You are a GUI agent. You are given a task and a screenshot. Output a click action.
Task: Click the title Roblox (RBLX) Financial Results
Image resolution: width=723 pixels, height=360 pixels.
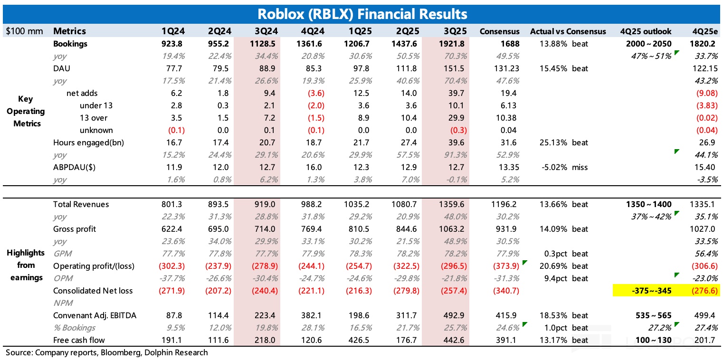(x=361, y=14)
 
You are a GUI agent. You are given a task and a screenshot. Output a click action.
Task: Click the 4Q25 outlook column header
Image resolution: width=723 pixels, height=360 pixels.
(x=646, y=31)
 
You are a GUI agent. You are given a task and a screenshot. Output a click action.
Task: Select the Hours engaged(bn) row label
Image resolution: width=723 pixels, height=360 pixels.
(x=88, y=142)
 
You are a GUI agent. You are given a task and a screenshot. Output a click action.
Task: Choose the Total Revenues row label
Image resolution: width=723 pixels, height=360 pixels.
(x=81, y=204)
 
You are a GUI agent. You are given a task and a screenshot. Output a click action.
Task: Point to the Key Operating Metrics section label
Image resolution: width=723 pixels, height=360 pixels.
(x=26, y=111)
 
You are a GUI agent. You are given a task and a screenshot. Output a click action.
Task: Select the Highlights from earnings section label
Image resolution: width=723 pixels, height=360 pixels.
(x=26, y=265)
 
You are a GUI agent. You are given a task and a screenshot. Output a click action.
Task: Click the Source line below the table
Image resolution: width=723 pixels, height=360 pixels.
(x=107, y=352)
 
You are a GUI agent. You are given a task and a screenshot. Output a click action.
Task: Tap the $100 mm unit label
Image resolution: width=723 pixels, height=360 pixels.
(x=24, y=31)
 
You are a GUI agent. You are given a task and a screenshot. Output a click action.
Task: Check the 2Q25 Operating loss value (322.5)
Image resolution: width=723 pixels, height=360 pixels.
(x=405, y=266)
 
